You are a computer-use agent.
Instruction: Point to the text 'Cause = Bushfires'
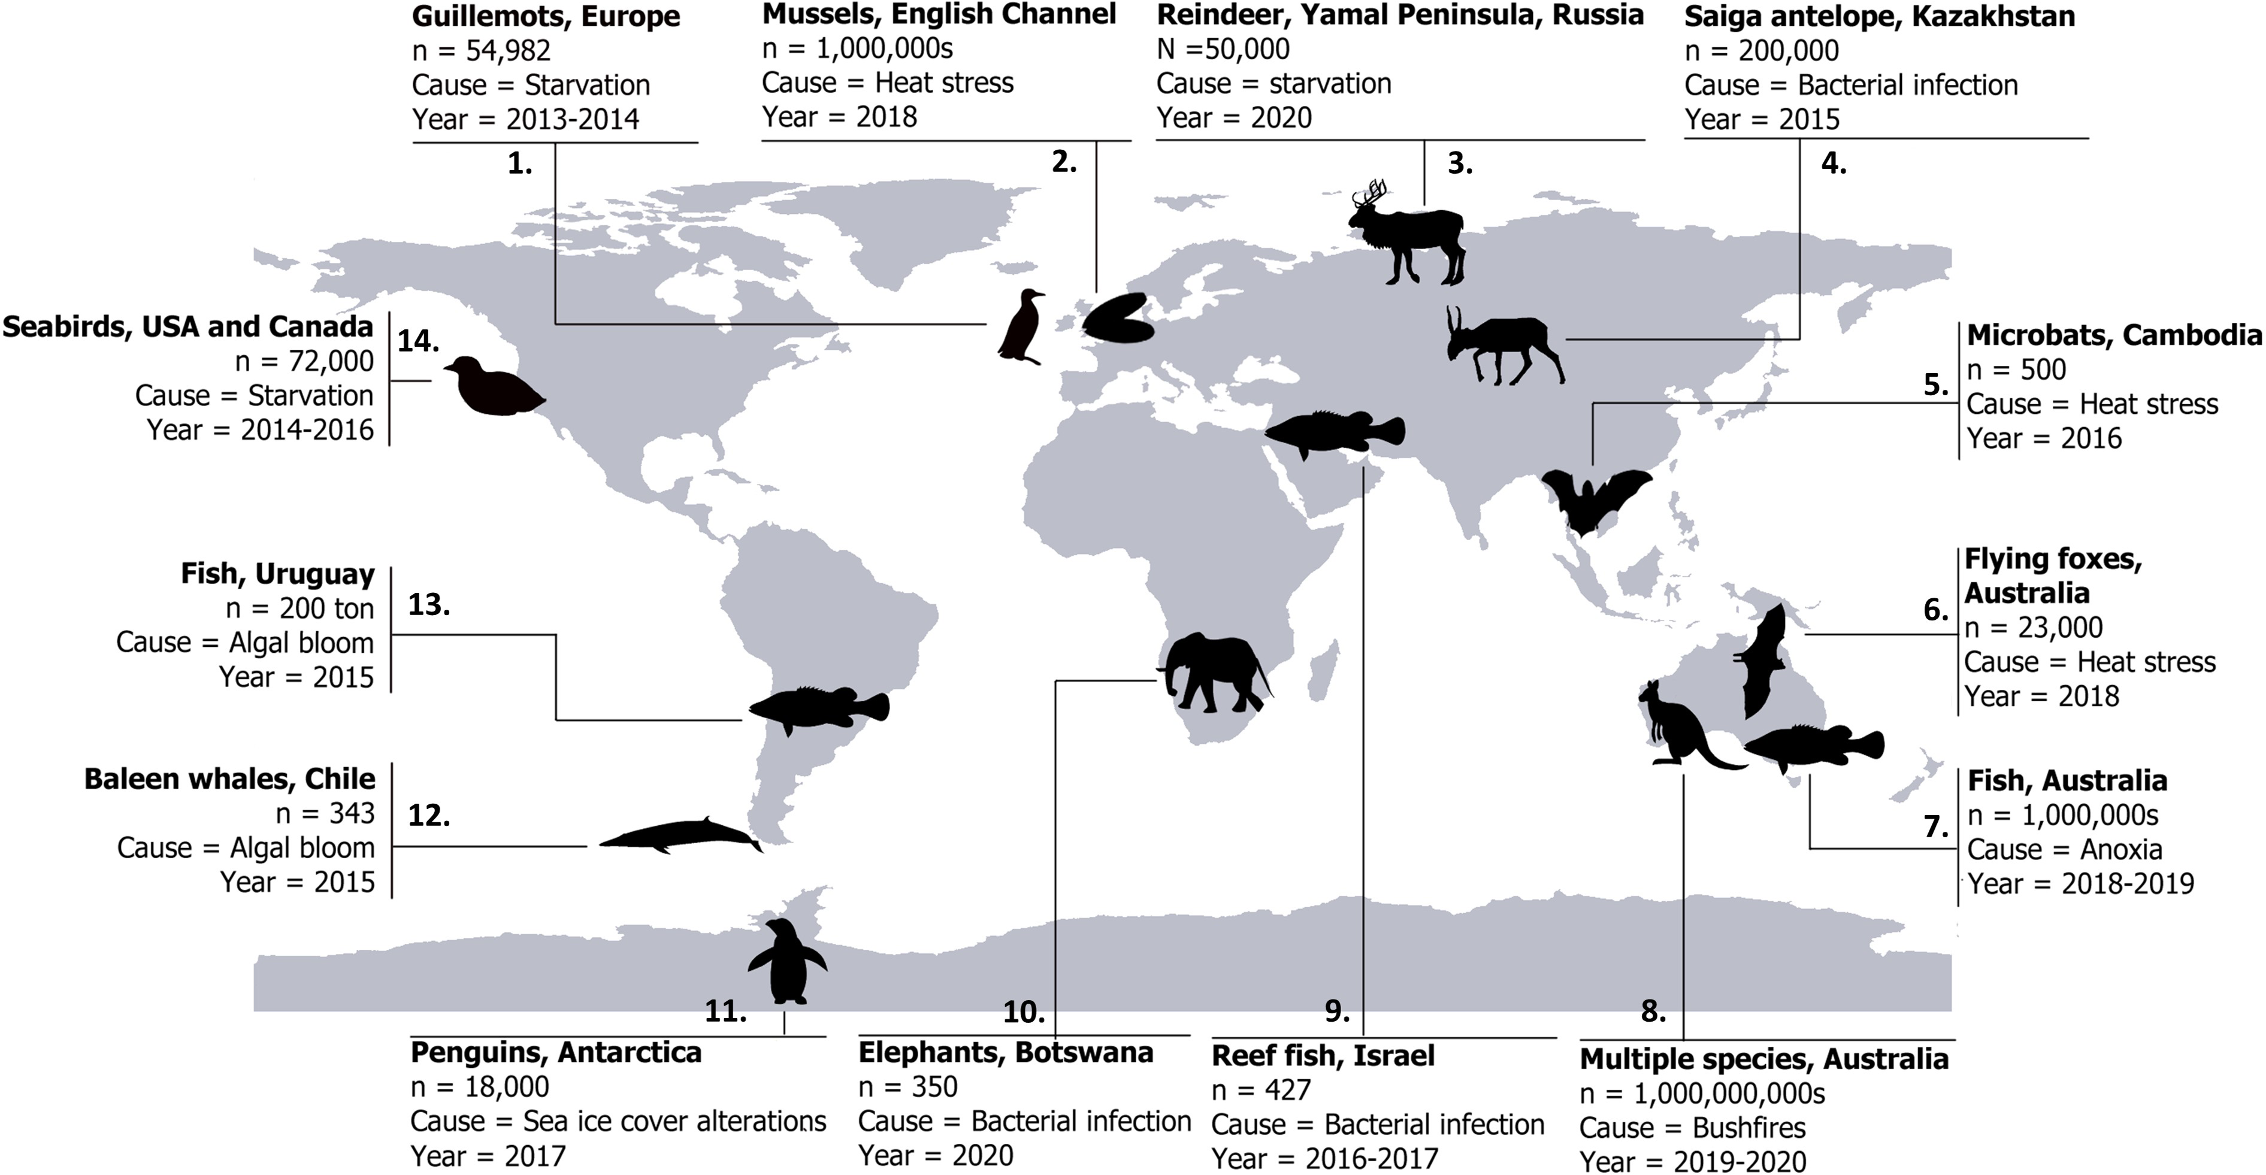coord(1692,1128)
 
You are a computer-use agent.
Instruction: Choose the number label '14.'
coord(418,341)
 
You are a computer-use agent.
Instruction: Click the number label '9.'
coord(1336,1012)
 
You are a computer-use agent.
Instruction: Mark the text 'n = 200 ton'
coord(299,608)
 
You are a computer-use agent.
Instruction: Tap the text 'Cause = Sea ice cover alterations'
coord(618,1121)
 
